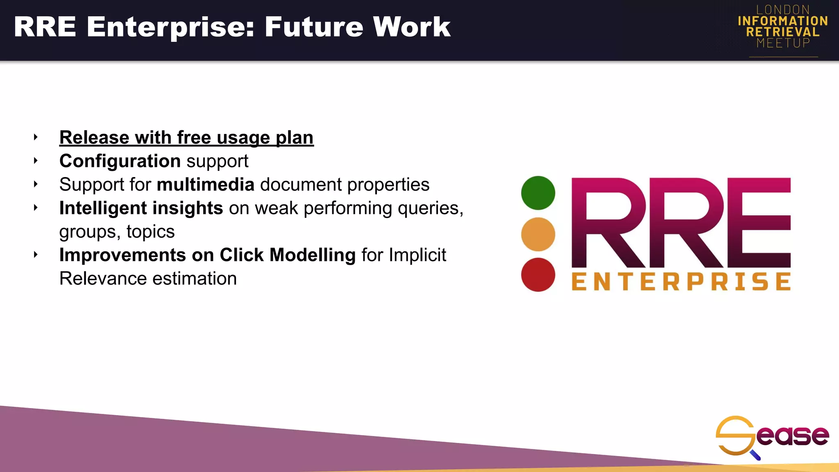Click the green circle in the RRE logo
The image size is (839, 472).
[x=538, y=193]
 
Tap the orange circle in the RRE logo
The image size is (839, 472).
[x=538, y=234]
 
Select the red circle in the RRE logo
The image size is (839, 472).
[x=538, y=275]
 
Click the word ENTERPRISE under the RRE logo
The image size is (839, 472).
[x=681, y=282]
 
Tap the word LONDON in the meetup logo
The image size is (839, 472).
[x=783, y=10]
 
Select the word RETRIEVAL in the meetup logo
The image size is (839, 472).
[x=783, y=32]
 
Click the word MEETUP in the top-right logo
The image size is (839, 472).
[x=783, y=43]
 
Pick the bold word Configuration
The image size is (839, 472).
[x=120, y=161]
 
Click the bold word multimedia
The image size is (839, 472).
[x=206, y=185]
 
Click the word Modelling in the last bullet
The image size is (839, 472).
[x=312, y=255]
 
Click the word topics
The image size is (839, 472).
[x=150, y=232]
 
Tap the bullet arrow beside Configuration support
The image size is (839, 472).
[x=36, y=161]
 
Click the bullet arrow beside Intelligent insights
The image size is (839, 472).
[x=36, y=208]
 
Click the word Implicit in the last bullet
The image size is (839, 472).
[x=417, y=255]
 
